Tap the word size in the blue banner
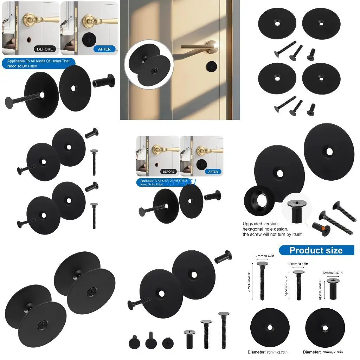pos(333,250)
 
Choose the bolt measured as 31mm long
pos(298,285)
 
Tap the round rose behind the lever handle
pos(212,46)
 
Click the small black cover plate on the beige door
pos(211,65)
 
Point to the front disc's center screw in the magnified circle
pos(154,70)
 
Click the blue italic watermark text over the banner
pos(182,182)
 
